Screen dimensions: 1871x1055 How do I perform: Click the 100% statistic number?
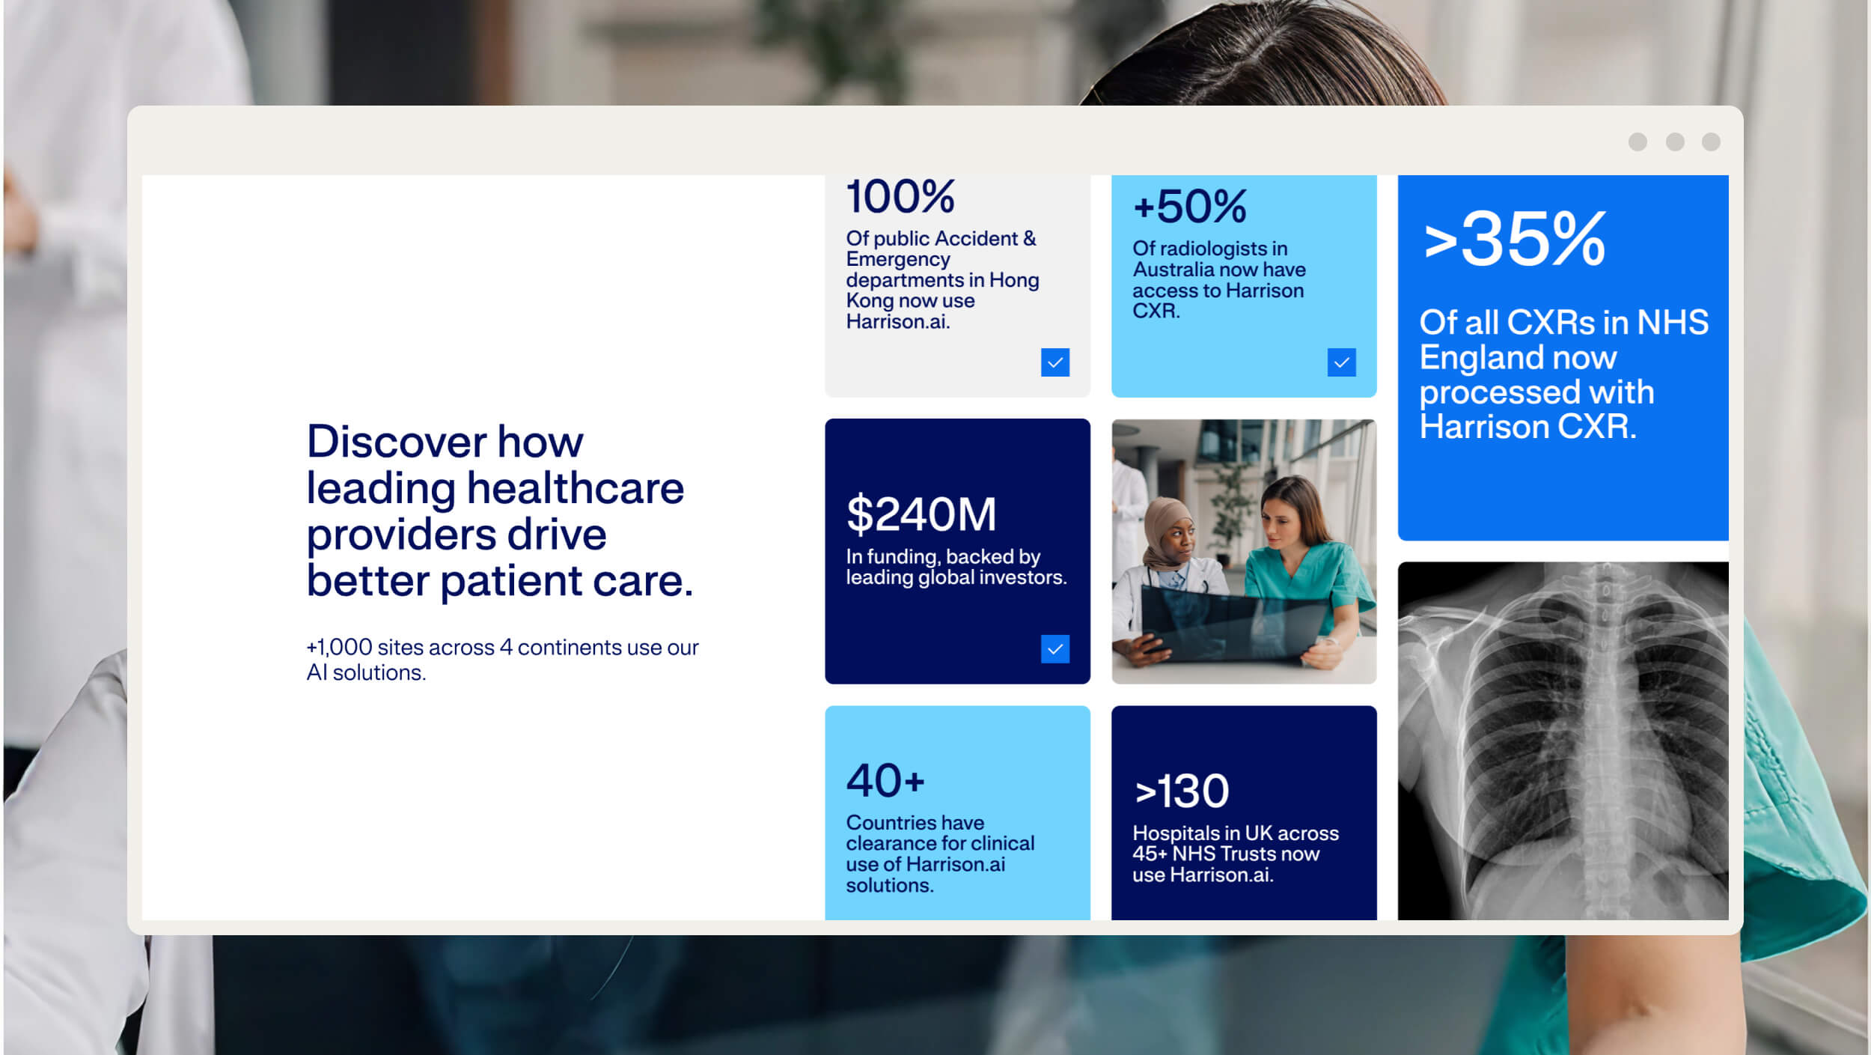point(900,196)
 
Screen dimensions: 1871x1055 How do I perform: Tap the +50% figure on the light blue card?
point(1190,206)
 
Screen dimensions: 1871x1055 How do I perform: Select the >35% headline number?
point(1514,239)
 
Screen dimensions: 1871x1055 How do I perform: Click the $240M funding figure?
point(921,514)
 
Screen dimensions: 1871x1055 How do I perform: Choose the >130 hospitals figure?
point(1182,791)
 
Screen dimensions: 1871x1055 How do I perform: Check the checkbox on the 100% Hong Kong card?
point(1055,362)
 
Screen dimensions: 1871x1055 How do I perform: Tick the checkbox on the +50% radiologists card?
point(1342,362)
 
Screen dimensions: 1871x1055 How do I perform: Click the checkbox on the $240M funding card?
point(1055,649)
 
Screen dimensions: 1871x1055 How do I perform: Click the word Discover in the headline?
point(397,441)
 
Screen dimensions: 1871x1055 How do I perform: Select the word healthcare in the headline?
point(576,488)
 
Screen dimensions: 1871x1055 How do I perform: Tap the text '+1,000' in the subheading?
point(339,647)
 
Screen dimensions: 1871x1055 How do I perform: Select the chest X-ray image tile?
point(1563,741)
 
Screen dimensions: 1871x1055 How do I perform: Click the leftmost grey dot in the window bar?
point(1637,142)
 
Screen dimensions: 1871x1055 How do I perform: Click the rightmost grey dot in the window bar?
point(1711,142)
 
